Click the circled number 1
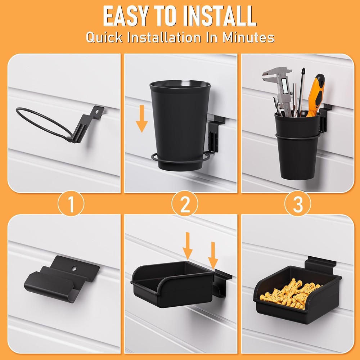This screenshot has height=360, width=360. [x=71, y=204]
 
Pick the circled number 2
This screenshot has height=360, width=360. [x=185, y=204]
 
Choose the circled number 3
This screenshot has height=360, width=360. [x=298, y=204]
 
